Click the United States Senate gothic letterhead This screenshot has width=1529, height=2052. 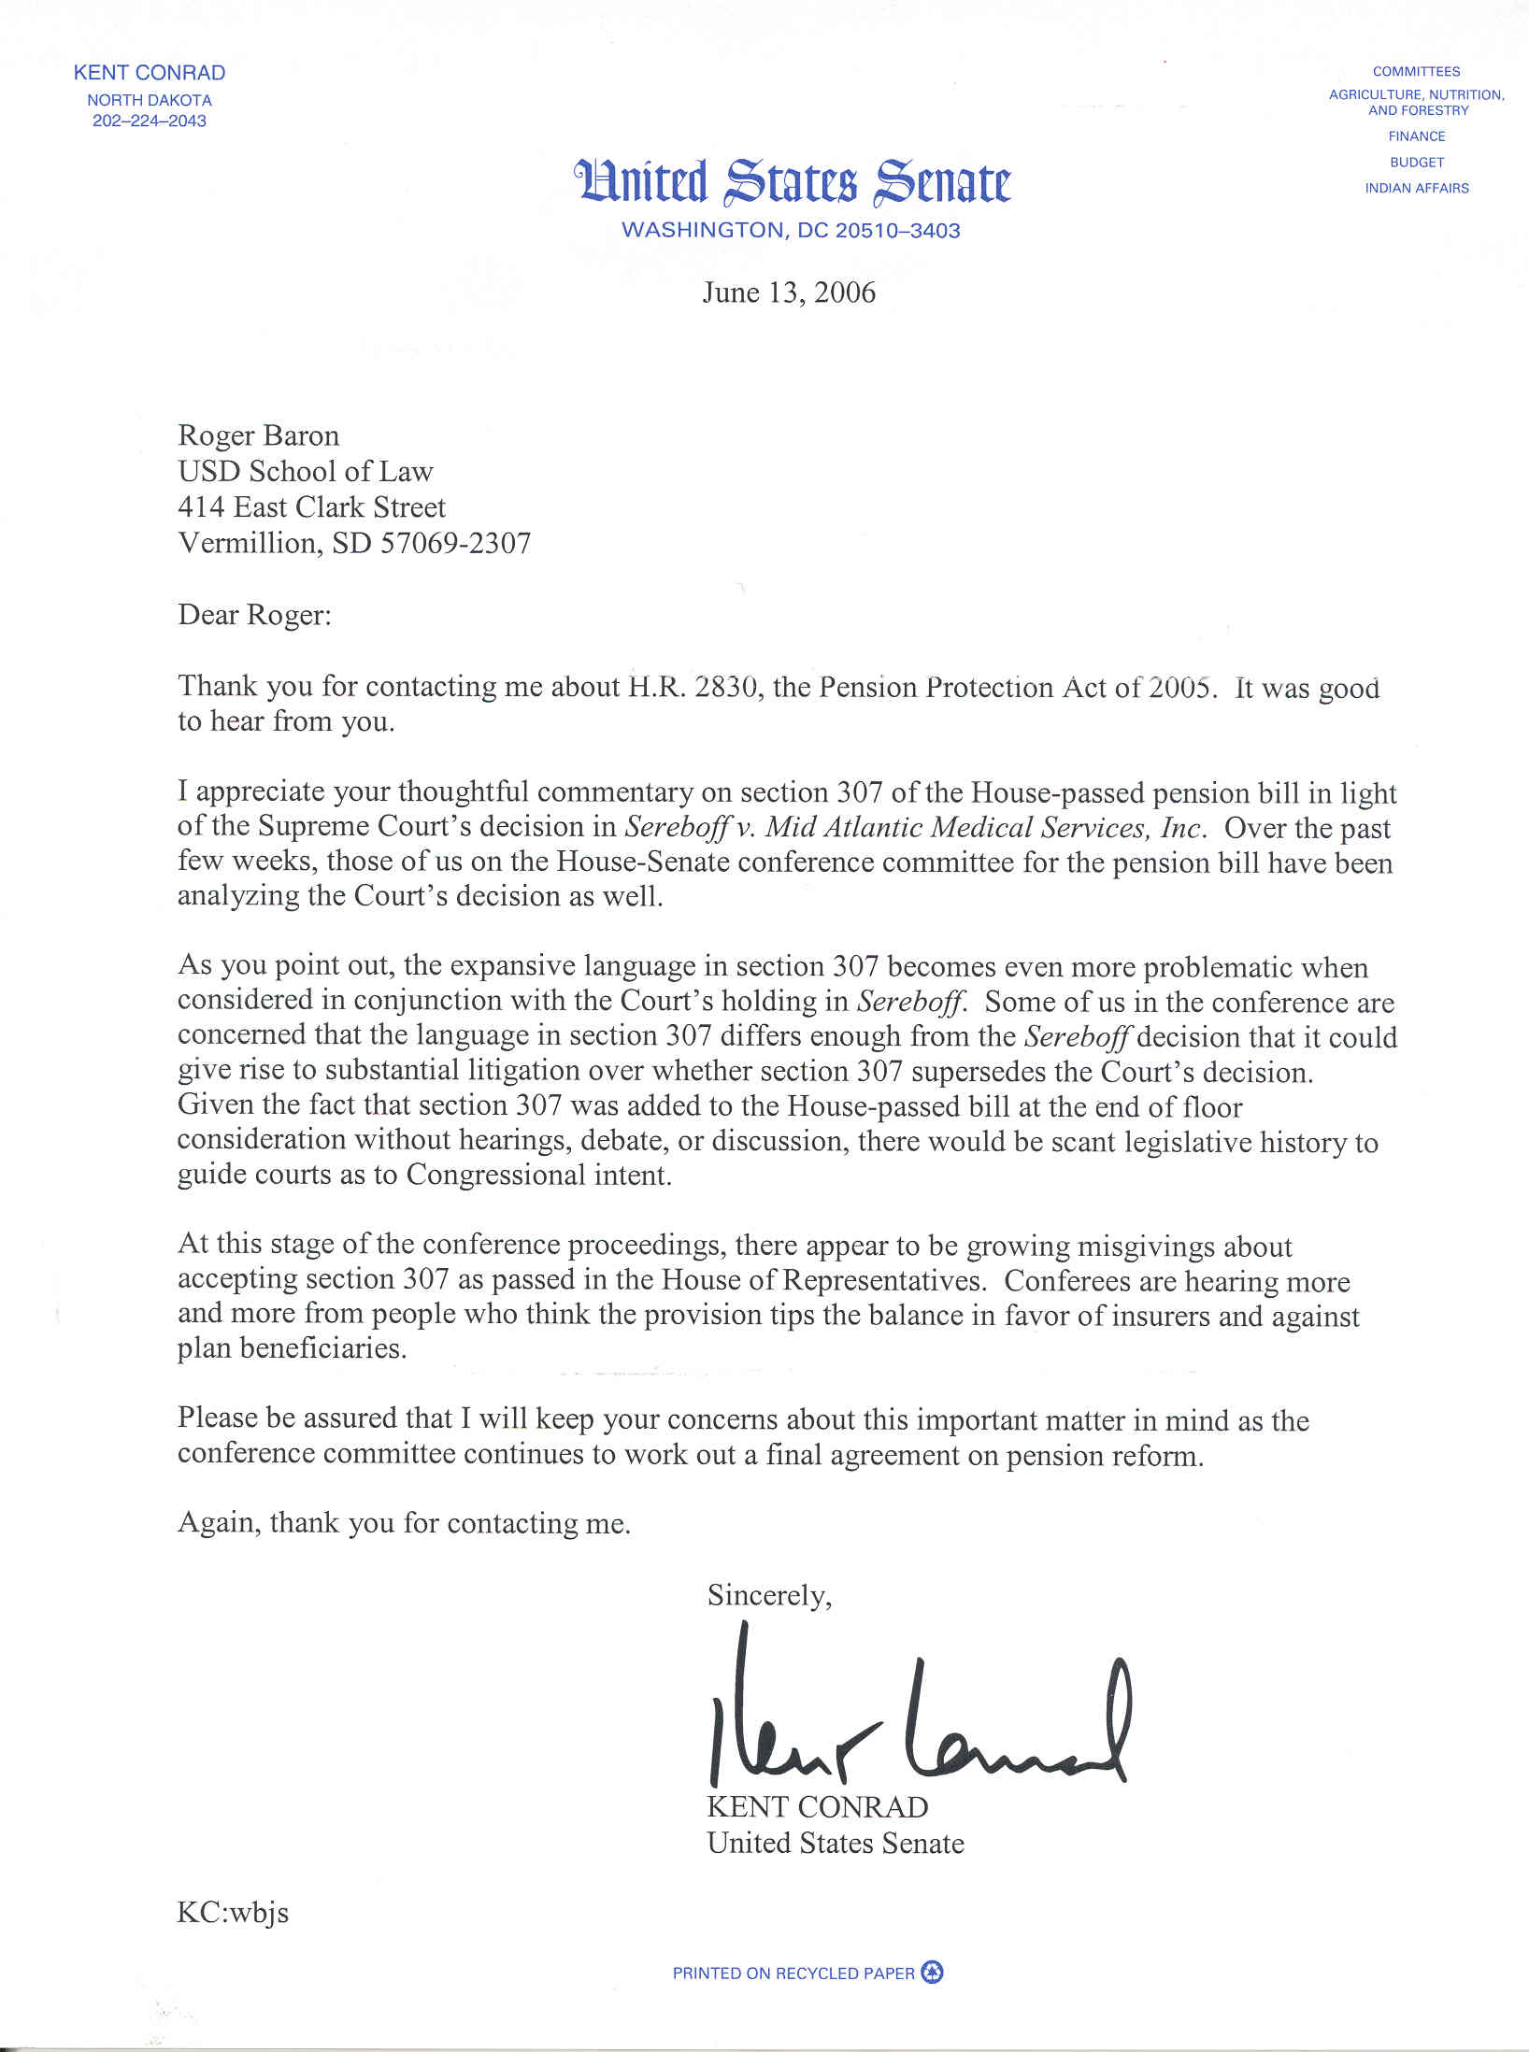click(793, 181)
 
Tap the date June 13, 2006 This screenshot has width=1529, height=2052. click(789, 292)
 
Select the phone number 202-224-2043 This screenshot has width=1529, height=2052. click(150, 121)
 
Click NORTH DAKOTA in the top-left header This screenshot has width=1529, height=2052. click(150, 100)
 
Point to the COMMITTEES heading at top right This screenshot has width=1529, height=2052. click(1416, 71)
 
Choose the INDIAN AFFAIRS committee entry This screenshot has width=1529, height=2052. click(1416, 188)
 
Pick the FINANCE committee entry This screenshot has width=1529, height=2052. click(1416, 136)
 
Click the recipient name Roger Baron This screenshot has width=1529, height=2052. click(259, 435)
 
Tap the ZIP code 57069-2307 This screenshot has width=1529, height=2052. click(455, 543)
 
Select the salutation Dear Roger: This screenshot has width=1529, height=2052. click(254, 615)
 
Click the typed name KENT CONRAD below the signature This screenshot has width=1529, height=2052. click(817, 1806)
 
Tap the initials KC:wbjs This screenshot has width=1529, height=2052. click(233, 1912)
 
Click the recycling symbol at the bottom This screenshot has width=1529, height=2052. click(932, 1973)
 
